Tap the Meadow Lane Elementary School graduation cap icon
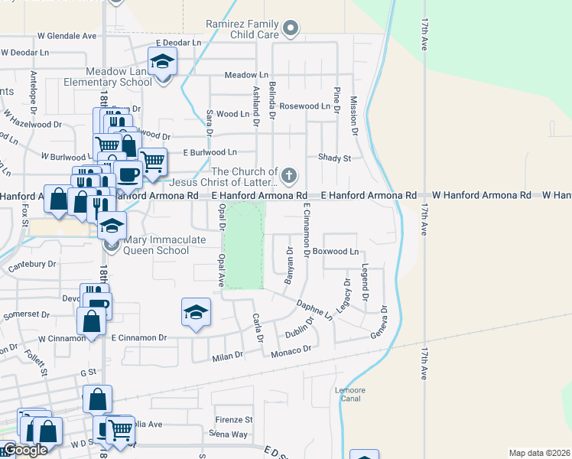[x=161, y=60]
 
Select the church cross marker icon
[x=289, y=177]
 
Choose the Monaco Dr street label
[x=291, y=349]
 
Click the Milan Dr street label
[x=227, y=355]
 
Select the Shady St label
[x=334, y=158]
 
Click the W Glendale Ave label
[x=67, y=36]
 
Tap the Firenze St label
[x=233, y=419]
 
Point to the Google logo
[x=25, y=450]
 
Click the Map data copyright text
[x=539, y=453]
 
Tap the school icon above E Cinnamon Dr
[x=196, y=312]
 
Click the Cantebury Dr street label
[x=32, y=264]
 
